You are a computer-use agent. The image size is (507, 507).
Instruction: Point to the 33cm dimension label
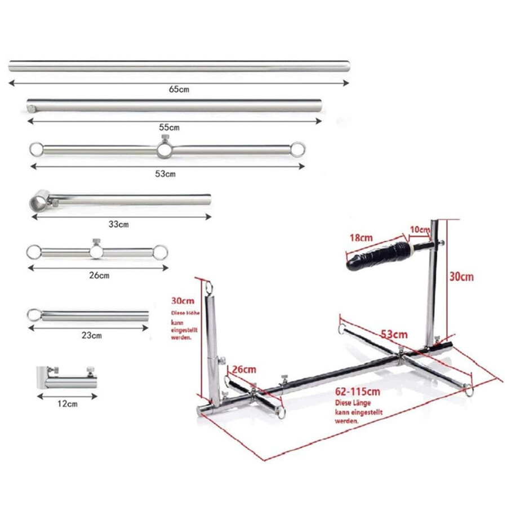pyautogui.click(x=119, y=224)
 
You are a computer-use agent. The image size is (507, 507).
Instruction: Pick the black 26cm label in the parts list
pyautogui.click(x=99, y=275)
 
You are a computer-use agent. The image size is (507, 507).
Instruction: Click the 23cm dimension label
pyautogui.click(x=91, y=336)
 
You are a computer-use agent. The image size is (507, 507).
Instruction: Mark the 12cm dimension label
pyautogui.click(x=67, y=403)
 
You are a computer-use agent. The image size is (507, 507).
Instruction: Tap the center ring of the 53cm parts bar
pyautogui.click(x=164, y=150)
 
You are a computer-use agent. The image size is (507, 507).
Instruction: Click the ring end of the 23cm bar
pyautogui.click(x=34, y=314)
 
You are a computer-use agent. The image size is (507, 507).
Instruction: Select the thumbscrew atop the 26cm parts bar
pyautogui.click(x=95, y=243)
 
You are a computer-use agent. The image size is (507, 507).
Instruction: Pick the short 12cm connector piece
pyautogui.click(x=66, y=380)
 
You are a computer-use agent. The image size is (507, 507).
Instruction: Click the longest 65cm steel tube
pyautogui.click(x=179, y=66)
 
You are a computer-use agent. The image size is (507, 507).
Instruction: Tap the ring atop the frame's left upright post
pyautogui.click(x=210, y=287)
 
